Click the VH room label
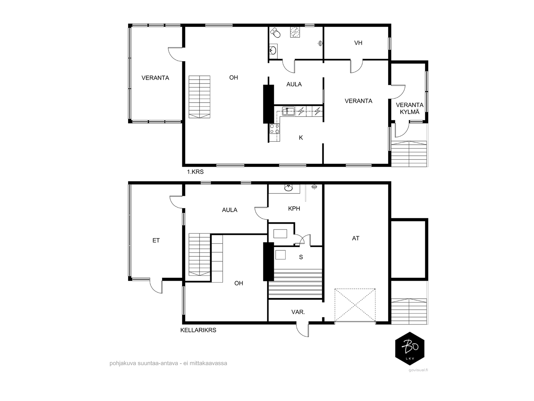coord(358,43)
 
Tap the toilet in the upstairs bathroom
coord(275,33)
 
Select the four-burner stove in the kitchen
coord(274,129)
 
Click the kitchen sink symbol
coord(288,111)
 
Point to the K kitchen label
coord(301,138)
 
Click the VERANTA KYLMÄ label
coord(410,109)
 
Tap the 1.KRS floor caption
coord(195,172)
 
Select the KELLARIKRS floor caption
coord(198,330)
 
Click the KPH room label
coord(294,209)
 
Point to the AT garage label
coord(356,238)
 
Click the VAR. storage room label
coord(298,312)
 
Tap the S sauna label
coord(301,257)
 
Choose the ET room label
coord(156,241)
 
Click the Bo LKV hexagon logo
coord(410,349)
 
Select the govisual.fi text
coord(418,370)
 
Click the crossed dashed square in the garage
coord(355,305)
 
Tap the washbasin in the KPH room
coord(288,188)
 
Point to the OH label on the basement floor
coord(239,283)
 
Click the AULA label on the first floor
coord(294,85)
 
